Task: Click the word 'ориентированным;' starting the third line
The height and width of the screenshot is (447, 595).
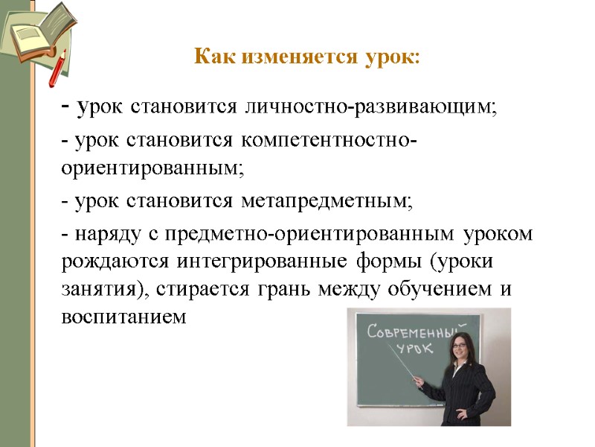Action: [152, 168]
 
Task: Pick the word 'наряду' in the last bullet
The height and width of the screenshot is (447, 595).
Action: [104, 235]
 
